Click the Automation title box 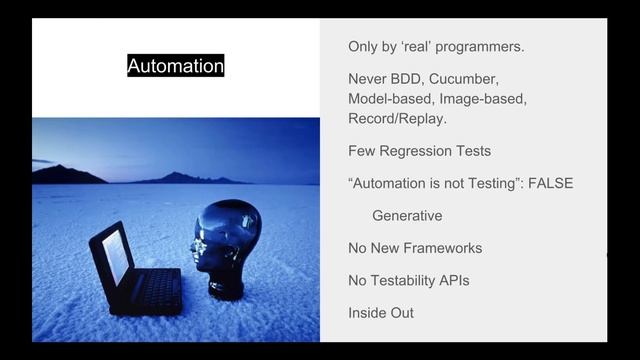176,66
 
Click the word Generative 407,215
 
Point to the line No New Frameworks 415,248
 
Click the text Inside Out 381,313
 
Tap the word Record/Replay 397,119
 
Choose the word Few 362,151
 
